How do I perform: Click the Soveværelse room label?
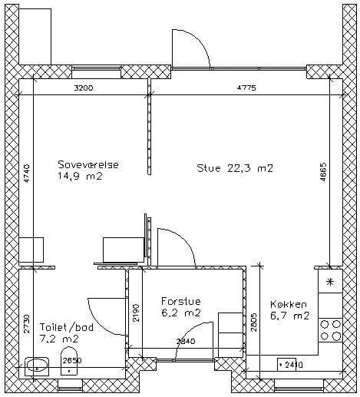tap(88, 164)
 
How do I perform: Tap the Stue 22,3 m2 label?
tap(235, 168)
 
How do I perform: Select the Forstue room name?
tap(181, 301)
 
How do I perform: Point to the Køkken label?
tap(289, 304)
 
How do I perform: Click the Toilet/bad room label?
tap(67, 327)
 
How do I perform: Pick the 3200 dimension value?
tap(84, 88)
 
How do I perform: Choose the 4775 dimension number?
tap(246, 88)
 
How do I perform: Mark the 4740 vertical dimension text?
tap(27, 174)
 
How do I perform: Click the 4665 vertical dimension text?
tap(323, 172)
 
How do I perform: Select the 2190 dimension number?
tap(136, 313)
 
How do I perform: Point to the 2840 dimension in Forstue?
tap(186, 341)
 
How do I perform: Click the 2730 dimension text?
tap(27, 324)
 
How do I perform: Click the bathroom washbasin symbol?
tap(37, 367)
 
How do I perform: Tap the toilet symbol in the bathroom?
tap(69, 361)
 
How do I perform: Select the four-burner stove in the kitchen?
tap(331, 330)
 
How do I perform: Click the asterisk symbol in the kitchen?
tap(330, 282)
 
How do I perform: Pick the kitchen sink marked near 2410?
tap(287, 364)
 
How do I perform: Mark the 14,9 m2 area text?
tap(80, 176)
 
